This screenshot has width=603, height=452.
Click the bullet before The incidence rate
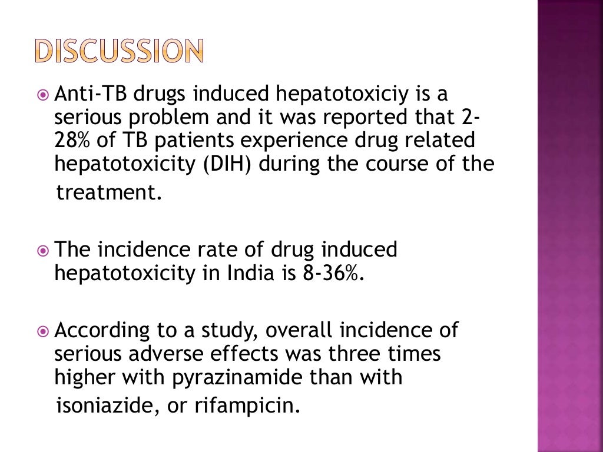pyautogui.click(x=44, y=250)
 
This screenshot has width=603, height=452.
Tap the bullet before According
pyautogui.click(x=44, y=331)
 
